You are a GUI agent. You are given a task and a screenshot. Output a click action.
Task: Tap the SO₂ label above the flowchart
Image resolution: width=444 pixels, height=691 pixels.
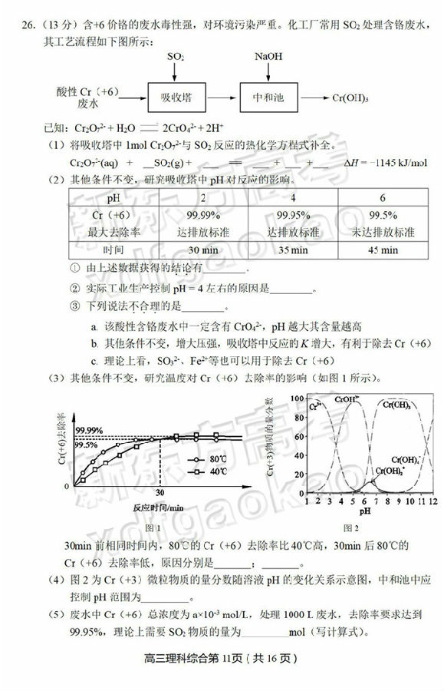point(176,58)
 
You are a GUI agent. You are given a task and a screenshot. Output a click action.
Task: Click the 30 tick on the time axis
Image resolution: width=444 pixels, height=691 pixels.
point(160,494)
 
